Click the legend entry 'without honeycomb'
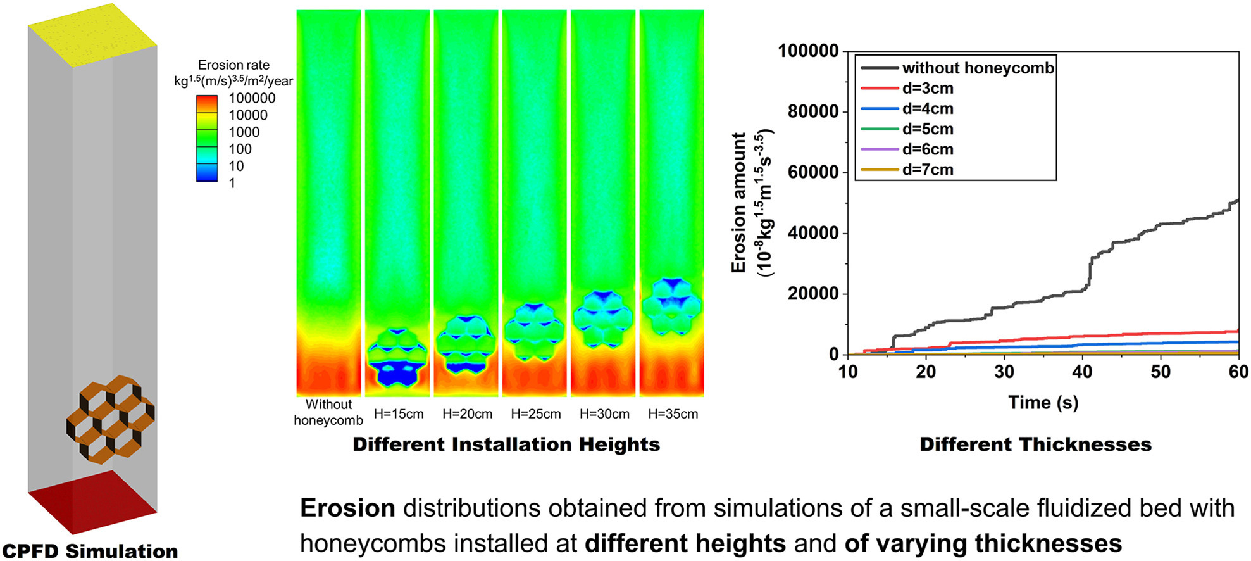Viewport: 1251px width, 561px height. coord(978,68)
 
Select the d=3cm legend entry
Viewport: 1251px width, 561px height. coord(928,88)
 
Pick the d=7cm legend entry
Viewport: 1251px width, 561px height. coord(928,169)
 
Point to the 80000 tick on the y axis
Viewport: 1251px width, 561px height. coord(813,111)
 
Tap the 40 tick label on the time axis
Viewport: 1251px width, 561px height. coord(1082,372)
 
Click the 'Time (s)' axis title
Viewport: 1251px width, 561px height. coord(1043,402)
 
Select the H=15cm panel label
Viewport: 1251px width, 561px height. coord(399,414)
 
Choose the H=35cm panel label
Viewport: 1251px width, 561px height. coord(673,414)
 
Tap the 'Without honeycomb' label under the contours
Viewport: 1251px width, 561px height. coord(328,412)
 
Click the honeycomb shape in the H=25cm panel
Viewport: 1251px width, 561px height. coord(535,331)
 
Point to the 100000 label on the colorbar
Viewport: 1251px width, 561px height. coord(252,98)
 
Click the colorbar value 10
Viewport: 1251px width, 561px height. coord(236,166)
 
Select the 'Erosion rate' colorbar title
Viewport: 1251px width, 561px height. coord(233,65)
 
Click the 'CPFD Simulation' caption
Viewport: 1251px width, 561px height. coord(90,551)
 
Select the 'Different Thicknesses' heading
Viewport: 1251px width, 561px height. coord(1035,444)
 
